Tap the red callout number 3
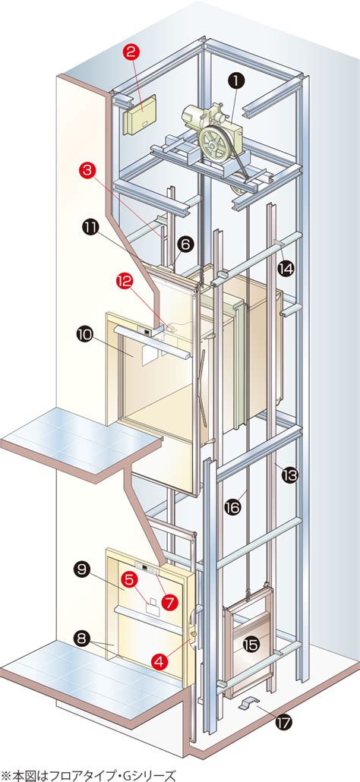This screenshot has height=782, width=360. point(87,171)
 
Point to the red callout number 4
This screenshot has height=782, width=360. point(159,661)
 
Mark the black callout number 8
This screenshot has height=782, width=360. point(82,637)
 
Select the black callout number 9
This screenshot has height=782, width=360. point(82,569)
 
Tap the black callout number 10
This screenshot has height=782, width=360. point(85,334)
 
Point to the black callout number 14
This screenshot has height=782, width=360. point(286,269)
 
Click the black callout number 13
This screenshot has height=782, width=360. point(289,475)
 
